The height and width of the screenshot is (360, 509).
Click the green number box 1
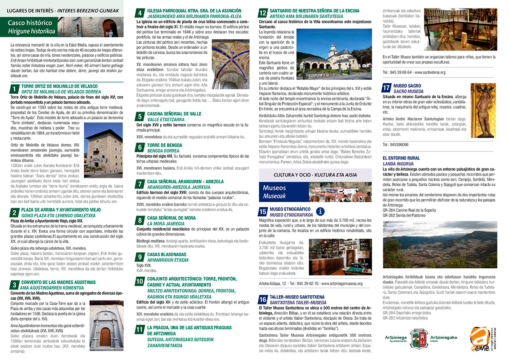click(14, 89)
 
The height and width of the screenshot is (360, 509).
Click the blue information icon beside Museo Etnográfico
click(321, 211)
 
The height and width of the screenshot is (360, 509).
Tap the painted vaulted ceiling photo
click(230, 64)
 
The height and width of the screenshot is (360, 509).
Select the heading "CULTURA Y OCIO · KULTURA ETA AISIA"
click(315, 175)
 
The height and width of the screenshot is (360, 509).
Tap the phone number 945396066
click(395, 145)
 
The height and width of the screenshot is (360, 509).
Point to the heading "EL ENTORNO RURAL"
click(401, 158)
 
